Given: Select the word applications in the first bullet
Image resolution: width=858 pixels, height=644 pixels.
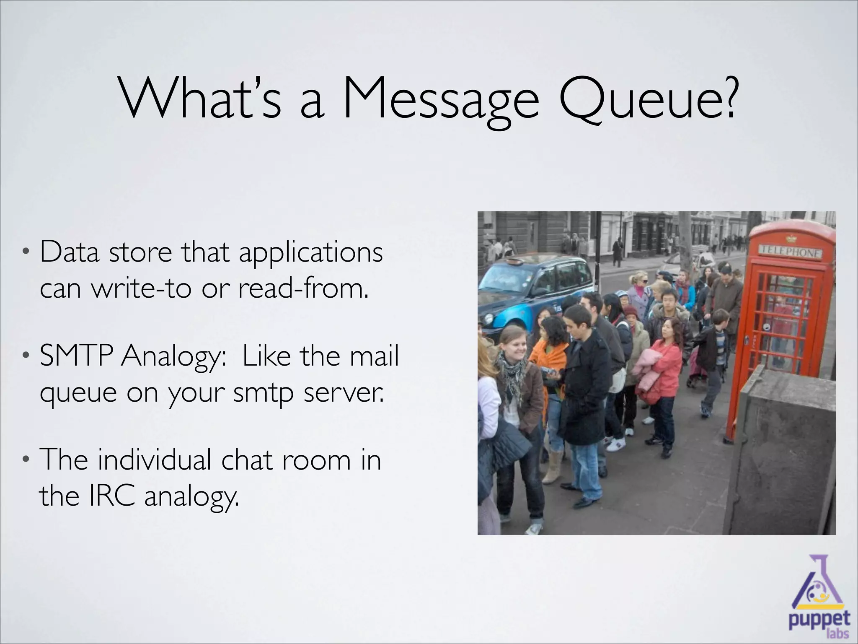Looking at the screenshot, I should point(311,253).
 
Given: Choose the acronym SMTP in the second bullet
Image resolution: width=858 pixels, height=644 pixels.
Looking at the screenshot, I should point(76,356).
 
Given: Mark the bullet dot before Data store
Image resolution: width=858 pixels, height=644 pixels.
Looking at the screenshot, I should point(26,253).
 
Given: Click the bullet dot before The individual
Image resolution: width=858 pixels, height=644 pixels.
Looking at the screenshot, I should point(26,460).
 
